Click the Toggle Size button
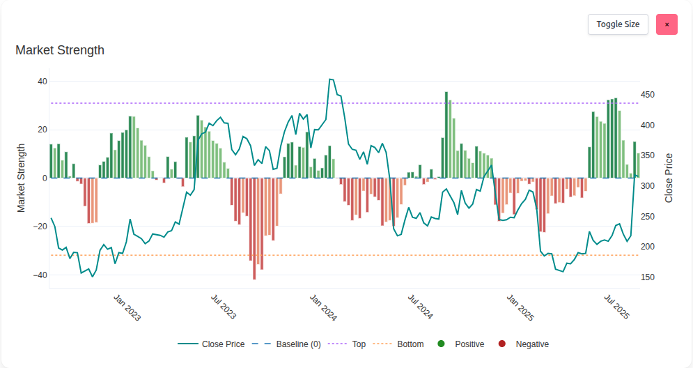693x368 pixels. (618, 24)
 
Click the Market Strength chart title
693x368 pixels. (60, 50)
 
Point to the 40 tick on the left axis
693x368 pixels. (42, 82)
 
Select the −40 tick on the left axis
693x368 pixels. (39, 275)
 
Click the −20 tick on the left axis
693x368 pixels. (39, 227)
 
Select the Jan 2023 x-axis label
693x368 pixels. (127, 307)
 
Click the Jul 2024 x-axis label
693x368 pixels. (420, 307)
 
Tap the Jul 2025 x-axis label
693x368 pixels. (616, 307)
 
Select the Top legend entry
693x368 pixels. (359, 344)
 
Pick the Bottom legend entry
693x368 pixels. (410, 344)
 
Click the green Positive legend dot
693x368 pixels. (440, 344)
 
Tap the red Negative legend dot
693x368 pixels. (501, 344)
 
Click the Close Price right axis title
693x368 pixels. (669, 178)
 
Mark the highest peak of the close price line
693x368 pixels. (331, 79)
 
